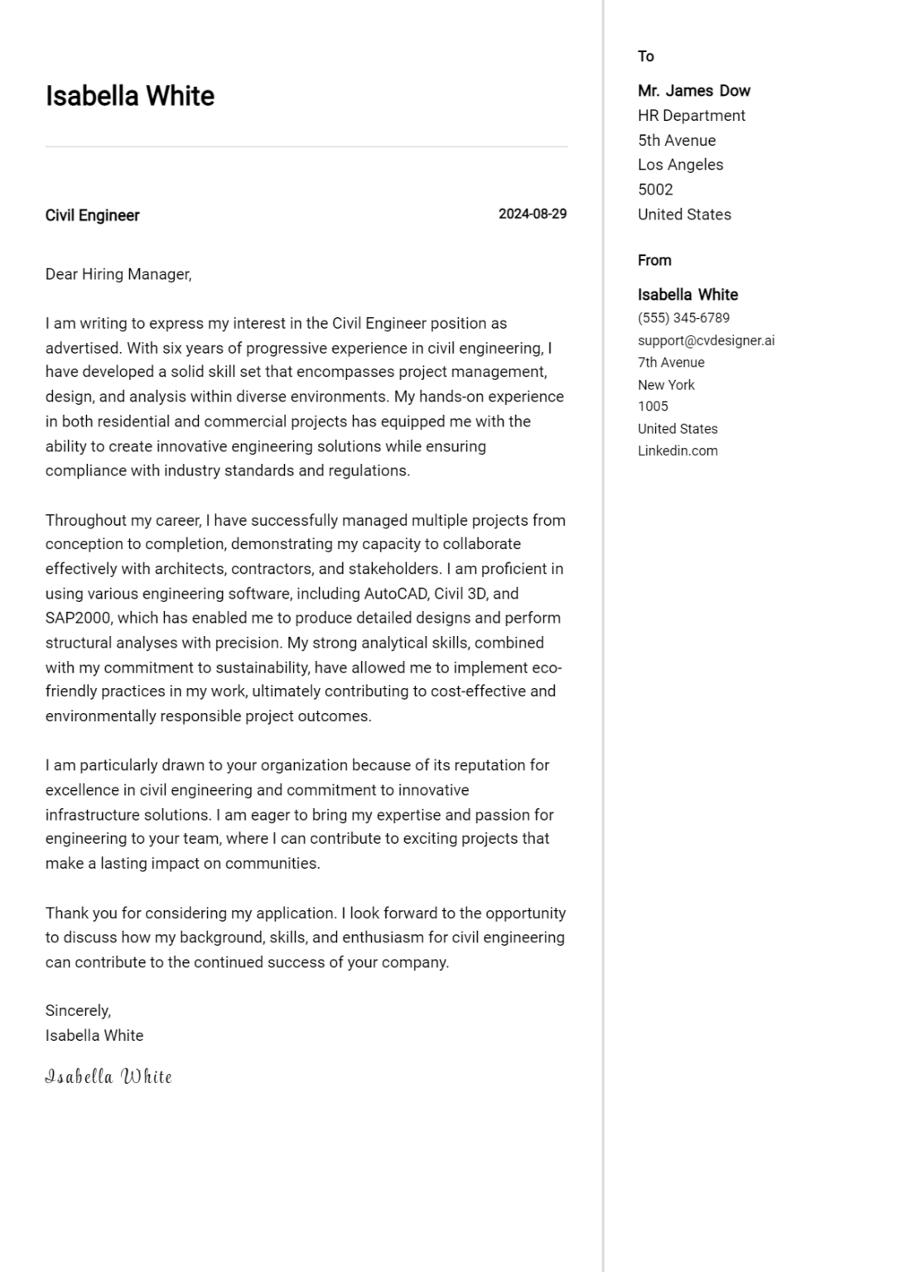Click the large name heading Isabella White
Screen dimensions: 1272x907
point(129,96)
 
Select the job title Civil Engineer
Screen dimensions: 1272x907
point(92,215)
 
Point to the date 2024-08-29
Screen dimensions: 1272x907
point(532,214)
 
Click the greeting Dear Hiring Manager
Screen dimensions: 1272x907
point(118,274)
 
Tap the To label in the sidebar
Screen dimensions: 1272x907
point(645,56)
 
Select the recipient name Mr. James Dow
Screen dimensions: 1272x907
point(693,91)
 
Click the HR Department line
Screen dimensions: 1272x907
point(691,116)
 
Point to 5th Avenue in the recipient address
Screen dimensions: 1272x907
point(676,141)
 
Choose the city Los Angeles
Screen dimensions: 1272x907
point(680,165)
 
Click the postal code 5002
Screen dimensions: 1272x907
point(654,190)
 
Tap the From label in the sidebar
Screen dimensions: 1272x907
point(654,260)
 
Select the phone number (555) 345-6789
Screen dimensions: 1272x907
point(683,318)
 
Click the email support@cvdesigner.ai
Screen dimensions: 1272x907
point(706,340)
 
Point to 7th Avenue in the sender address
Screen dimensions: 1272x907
point(670,363)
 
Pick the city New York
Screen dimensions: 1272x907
point(666,385)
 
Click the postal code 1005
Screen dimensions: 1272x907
point(652,407)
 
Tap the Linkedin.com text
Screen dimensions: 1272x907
point(677,451)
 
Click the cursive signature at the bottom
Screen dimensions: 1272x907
point(109,1077)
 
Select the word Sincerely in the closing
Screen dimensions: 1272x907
point(77,1011)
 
